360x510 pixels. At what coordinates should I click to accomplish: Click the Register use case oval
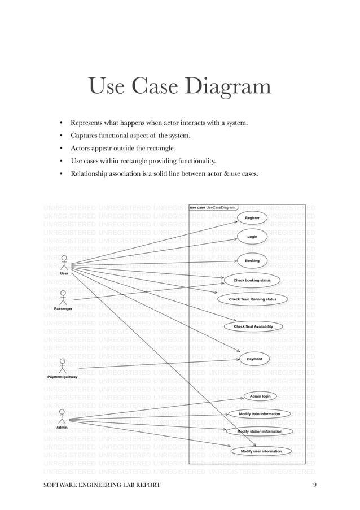click(252, 217)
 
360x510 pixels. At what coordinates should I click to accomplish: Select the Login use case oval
click(252, 237)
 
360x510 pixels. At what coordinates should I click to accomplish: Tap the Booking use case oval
click(252, 261)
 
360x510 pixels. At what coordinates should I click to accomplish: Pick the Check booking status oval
click(252, 280)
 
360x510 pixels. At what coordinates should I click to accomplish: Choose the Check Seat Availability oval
click(253, 326)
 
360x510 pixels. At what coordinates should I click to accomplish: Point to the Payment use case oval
click(254, 359)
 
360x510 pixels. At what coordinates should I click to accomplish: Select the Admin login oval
click(260, 396)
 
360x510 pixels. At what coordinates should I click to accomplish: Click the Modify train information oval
click(259, 414)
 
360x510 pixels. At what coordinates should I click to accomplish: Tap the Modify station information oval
click(260, 431)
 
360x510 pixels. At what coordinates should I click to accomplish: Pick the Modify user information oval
click(261, 451)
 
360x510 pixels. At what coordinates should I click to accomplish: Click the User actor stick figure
click(64, 263)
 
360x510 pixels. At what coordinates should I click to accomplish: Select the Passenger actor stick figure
click(63, 298)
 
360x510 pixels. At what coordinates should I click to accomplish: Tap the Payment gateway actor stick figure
click(63, 365)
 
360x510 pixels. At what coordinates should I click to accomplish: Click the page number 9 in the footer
click(314, 485)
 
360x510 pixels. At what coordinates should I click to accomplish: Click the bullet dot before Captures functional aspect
click(61, 136)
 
